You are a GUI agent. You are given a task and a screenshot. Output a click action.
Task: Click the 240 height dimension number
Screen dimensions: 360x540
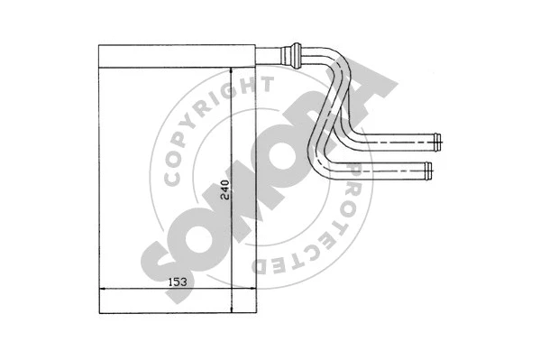224,189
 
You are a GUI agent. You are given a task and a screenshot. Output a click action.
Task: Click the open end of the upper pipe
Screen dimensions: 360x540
436,141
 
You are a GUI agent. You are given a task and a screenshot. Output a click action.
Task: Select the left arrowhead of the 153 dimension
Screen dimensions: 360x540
102,290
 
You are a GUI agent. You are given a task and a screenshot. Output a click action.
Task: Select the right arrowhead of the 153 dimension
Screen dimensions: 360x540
251,290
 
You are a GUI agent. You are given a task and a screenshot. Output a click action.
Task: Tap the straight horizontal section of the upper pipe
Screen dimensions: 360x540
397,141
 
